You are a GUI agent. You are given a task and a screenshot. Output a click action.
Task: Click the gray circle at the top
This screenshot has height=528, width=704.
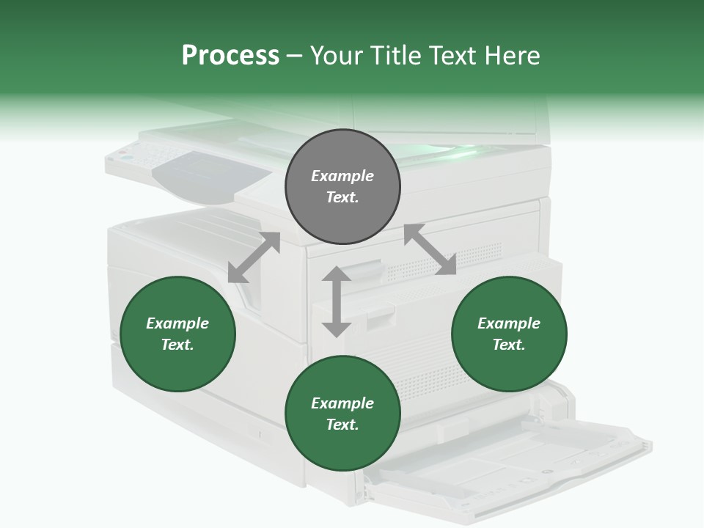click(x=342, y=187)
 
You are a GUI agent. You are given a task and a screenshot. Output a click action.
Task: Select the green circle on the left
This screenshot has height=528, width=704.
click(x=177, y=334)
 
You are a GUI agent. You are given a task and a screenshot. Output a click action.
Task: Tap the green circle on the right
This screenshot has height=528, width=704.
click(x=509, y=334)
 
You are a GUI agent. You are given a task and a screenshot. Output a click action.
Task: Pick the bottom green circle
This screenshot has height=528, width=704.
click(x=342, y=414)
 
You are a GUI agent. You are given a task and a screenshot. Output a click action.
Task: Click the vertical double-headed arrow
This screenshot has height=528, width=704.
click(x=337, y=301)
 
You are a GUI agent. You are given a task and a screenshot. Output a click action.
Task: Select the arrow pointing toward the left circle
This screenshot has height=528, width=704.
click(x=254, y=257)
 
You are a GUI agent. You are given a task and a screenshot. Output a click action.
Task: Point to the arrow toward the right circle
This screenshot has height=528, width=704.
click(x=430, y=249)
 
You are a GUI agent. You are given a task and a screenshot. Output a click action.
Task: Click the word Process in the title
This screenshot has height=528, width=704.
click(x=230, y=55)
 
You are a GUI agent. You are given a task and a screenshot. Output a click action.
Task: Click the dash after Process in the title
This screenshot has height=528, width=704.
click(x=294, y=55)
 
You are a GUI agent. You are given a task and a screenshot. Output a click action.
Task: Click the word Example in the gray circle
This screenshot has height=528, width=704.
click(x=342, y=176)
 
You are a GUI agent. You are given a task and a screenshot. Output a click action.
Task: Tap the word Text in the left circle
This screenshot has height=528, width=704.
click(x=177, y=345)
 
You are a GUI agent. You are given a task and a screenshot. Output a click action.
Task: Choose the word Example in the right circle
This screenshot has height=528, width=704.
click(x=509, y=323)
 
